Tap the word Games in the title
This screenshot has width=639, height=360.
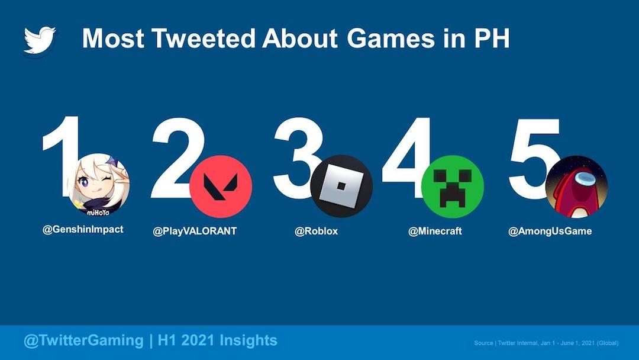tap(391, 38)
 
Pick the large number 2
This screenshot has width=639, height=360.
tap(177, 157)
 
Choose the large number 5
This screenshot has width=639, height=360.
tap(534, 159)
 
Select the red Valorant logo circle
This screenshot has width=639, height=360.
tap(221, 187)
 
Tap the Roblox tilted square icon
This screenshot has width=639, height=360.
tap(341, 187)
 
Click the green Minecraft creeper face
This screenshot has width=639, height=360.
tap(453, 187)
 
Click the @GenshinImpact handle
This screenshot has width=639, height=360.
tap(83, 229)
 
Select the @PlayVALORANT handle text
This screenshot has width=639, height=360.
tap(195, 231)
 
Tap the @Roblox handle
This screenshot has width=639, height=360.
tap(316, 231)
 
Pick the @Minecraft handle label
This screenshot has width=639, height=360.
tap(435, 231)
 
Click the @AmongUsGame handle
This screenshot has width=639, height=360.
tap(550, 231)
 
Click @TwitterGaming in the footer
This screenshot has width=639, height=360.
tap(83, 340)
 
